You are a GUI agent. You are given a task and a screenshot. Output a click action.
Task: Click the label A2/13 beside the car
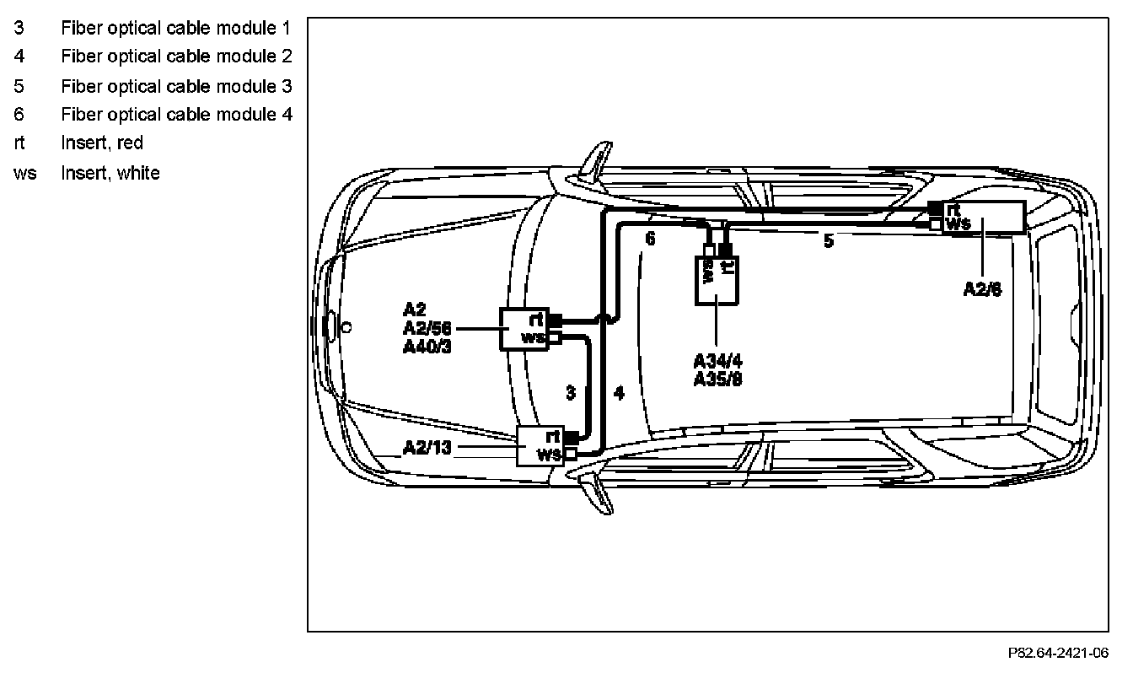tap(427, 447)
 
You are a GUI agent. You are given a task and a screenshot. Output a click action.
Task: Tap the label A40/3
tap(428, 346)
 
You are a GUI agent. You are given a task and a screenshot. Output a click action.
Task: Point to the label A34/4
tap(717, 362)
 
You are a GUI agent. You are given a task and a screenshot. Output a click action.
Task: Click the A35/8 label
tap(717, 379)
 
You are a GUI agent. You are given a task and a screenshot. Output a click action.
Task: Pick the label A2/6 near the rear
tap(983, 288)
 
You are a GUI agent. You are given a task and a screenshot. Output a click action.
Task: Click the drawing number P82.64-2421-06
tap(1058, 653)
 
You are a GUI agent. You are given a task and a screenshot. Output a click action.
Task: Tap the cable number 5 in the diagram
tap(829, 241)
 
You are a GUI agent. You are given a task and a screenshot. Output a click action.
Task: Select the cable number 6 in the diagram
tap(650, 239)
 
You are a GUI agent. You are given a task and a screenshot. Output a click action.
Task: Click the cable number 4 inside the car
tap(619, 393)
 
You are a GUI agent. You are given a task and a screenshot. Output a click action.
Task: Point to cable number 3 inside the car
tap(571, 393)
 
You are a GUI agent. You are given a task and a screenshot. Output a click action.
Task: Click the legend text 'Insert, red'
tap(102, 143)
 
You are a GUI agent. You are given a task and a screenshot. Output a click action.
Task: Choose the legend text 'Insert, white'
tap(110, 173)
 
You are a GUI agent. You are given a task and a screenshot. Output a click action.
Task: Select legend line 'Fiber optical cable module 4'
tap(176, 114)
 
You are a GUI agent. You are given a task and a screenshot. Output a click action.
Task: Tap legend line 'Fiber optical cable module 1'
tap(176, 28)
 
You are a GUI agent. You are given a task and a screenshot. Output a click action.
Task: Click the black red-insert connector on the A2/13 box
tap(571, 437)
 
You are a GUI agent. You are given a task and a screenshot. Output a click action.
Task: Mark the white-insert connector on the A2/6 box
tap(935, 224)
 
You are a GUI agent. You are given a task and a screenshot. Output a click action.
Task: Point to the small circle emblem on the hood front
tap(346, 326)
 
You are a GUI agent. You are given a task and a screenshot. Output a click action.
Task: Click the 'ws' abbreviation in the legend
tap(25, 173)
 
